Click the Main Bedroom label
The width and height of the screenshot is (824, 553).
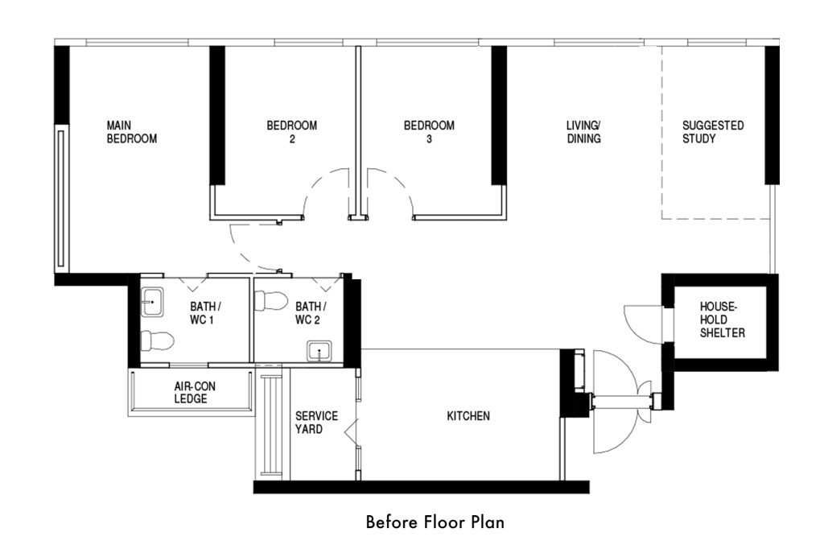click(x=132, y=132)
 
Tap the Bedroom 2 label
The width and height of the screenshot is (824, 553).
click(x=291, y=132)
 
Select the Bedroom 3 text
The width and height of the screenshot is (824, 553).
click(x=429, y=132)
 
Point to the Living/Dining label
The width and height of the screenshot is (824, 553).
click(x=583, y=132)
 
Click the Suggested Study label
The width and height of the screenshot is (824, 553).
click(x=713, y=132)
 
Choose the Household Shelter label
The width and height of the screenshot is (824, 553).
click(x=722, y=320)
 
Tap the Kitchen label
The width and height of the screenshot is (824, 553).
click(x=468, y=416)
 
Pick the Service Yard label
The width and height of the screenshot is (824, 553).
click(x=316, y=423)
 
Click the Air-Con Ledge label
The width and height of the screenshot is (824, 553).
click(x=195, y=393)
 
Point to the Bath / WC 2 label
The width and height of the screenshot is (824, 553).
click(x=311, y=313)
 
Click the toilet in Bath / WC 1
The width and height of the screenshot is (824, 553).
click(x=157, y=341)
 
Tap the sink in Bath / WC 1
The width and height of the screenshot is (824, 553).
click(x=152, y=302)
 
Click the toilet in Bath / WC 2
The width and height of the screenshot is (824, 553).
click(x=270, y=301)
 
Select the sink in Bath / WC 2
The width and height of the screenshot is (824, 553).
click(x=319, y=352)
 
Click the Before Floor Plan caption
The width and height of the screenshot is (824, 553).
click(x=435, y=522)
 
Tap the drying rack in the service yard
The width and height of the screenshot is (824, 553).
click(x=272, y=425)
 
